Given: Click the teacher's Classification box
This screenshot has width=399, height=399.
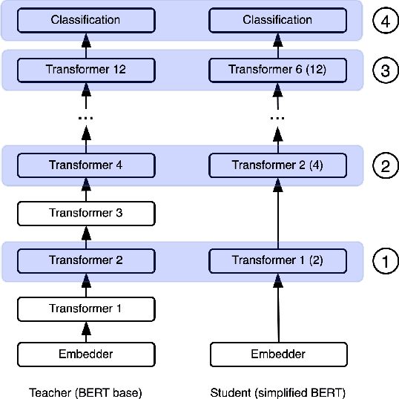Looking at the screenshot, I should click(x=85, y=20).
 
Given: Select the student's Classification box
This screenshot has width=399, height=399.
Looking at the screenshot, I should click(x=277, y=20).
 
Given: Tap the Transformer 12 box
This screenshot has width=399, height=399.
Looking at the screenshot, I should click(x=85, y=70).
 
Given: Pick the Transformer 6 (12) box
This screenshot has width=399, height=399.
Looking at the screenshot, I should click(x=277, y=70).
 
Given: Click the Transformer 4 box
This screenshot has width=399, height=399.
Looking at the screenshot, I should click(x=85, y=165).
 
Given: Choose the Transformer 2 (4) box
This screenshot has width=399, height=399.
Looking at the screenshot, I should click(x=277, y=165).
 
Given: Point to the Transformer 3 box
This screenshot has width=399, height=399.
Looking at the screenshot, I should click(x=85, y=213).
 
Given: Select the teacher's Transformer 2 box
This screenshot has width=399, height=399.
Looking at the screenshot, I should click(x=85, y=260).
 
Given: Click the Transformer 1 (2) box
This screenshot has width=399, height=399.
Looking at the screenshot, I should click(x=277, y=260).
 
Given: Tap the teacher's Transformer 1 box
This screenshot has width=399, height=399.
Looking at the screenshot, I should click(x=85, y=308).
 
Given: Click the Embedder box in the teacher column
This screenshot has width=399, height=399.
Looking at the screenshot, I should click(x=85, y=354).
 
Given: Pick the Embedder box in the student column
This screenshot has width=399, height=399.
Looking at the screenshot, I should click(x=277, y=354).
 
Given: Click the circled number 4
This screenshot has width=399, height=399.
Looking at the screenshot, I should click(x=384, y=21).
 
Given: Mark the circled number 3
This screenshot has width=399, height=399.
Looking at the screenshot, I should click(x=384, y=70).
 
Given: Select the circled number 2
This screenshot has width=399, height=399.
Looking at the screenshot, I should click(x=384, y=165).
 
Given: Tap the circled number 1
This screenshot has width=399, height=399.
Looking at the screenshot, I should click(x=384, y=261).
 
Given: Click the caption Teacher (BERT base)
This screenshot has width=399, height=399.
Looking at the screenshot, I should click(x=85, y=392).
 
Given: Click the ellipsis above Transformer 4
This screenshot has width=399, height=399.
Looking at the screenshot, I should click(x=85, y=119).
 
